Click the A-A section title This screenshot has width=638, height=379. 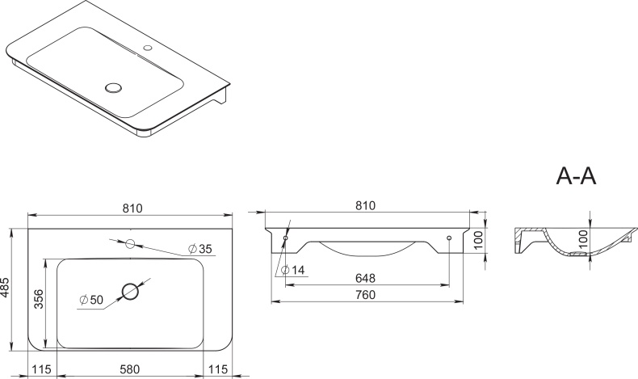click(x=576, y=176)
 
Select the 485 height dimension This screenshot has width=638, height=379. click(x=6, y=288)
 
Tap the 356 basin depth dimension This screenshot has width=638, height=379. click(x=38, y=298)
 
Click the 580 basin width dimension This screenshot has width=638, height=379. click(x=130, y=369)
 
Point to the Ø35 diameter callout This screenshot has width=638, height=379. click(x=199, y=248)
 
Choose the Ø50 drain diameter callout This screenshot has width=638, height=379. click(x=91, y=300)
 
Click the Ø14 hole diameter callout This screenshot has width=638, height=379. click(x=292, y=269)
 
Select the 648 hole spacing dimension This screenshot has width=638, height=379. click(x=365, y=278)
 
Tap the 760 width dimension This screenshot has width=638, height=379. click(x=365, y=294)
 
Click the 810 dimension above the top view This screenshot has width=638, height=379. click(x=132, y=208)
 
